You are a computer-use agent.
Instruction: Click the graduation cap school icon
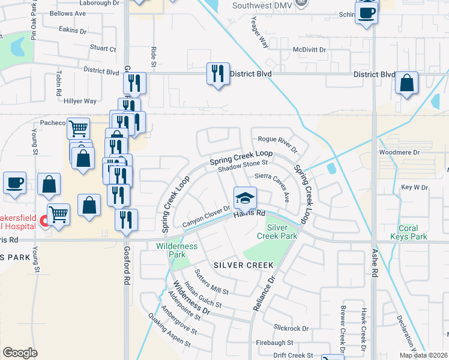(245, 197)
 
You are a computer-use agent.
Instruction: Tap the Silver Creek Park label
(282, 232)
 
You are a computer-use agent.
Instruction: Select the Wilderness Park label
(176, 250)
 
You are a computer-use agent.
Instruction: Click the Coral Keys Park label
(412, 232)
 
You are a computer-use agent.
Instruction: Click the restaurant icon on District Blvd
(217, 74)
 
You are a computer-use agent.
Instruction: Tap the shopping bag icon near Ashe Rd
(407, 84)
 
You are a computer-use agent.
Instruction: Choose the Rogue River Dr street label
(277, 140)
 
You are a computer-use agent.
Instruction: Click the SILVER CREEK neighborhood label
(244, 265)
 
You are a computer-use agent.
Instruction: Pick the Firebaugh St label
(274, 343)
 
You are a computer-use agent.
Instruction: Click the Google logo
(20, 353)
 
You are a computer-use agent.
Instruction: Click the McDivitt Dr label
(309, 50)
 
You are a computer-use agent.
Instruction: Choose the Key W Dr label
(414, 187)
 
